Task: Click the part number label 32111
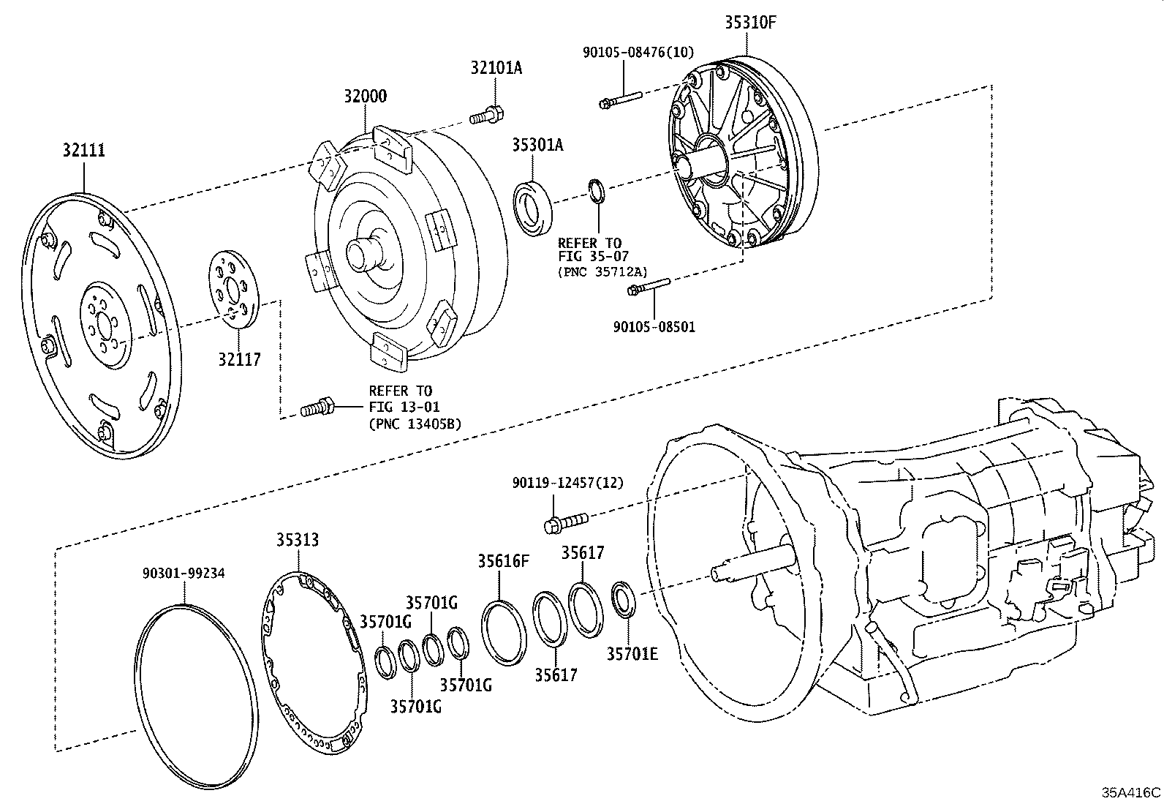(83, 151)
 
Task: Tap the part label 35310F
(749, 23)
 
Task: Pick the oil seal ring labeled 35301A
(534, 207)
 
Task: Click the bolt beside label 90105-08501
(648, 288)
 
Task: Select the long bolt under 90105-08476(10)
(619, 99)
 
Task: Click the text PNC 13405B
(415, 423)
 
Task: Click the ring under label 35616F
(504, 632)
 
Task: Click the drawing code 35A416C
(1131, 792)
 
